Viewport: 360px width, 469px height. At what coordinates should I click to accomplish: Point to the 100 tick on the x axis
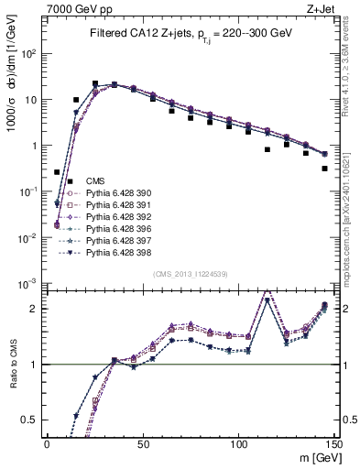click(x=237, y=442)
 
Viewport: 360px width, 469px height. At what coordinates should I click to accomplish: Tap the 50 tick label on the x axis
click(x=142, y=442)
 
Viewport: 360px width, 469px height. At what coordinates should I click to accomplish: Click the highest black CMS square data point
click(x=95, y=83)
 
